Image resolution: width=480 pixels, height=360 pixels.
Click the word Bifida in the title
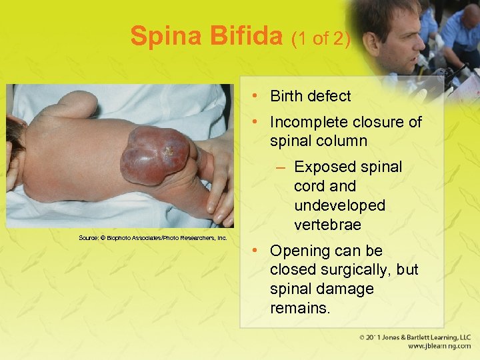[x=250, y=36]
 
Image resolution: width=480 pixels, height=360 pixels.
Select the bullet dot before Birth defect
[x=257, y=96]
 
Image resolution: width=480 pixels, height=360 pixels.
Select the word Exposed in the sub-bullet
[x=321, y=167]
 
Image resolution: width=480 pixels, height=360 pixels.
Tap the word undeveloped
[x=339, y=205]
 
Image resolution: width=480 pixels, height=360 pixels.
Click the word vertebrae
[x=327, y=225]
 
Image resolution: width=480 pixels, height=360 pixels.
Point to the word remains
[x=300, y=309]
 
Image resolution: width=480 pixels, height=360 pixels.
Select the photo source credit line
[x=153, y=237]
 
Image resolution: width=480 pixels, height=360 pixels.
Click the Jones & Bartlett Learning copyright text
[x=414, y=337]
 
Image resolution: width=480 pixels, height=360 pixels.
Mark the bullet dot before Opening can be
[x=257, y=251]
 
